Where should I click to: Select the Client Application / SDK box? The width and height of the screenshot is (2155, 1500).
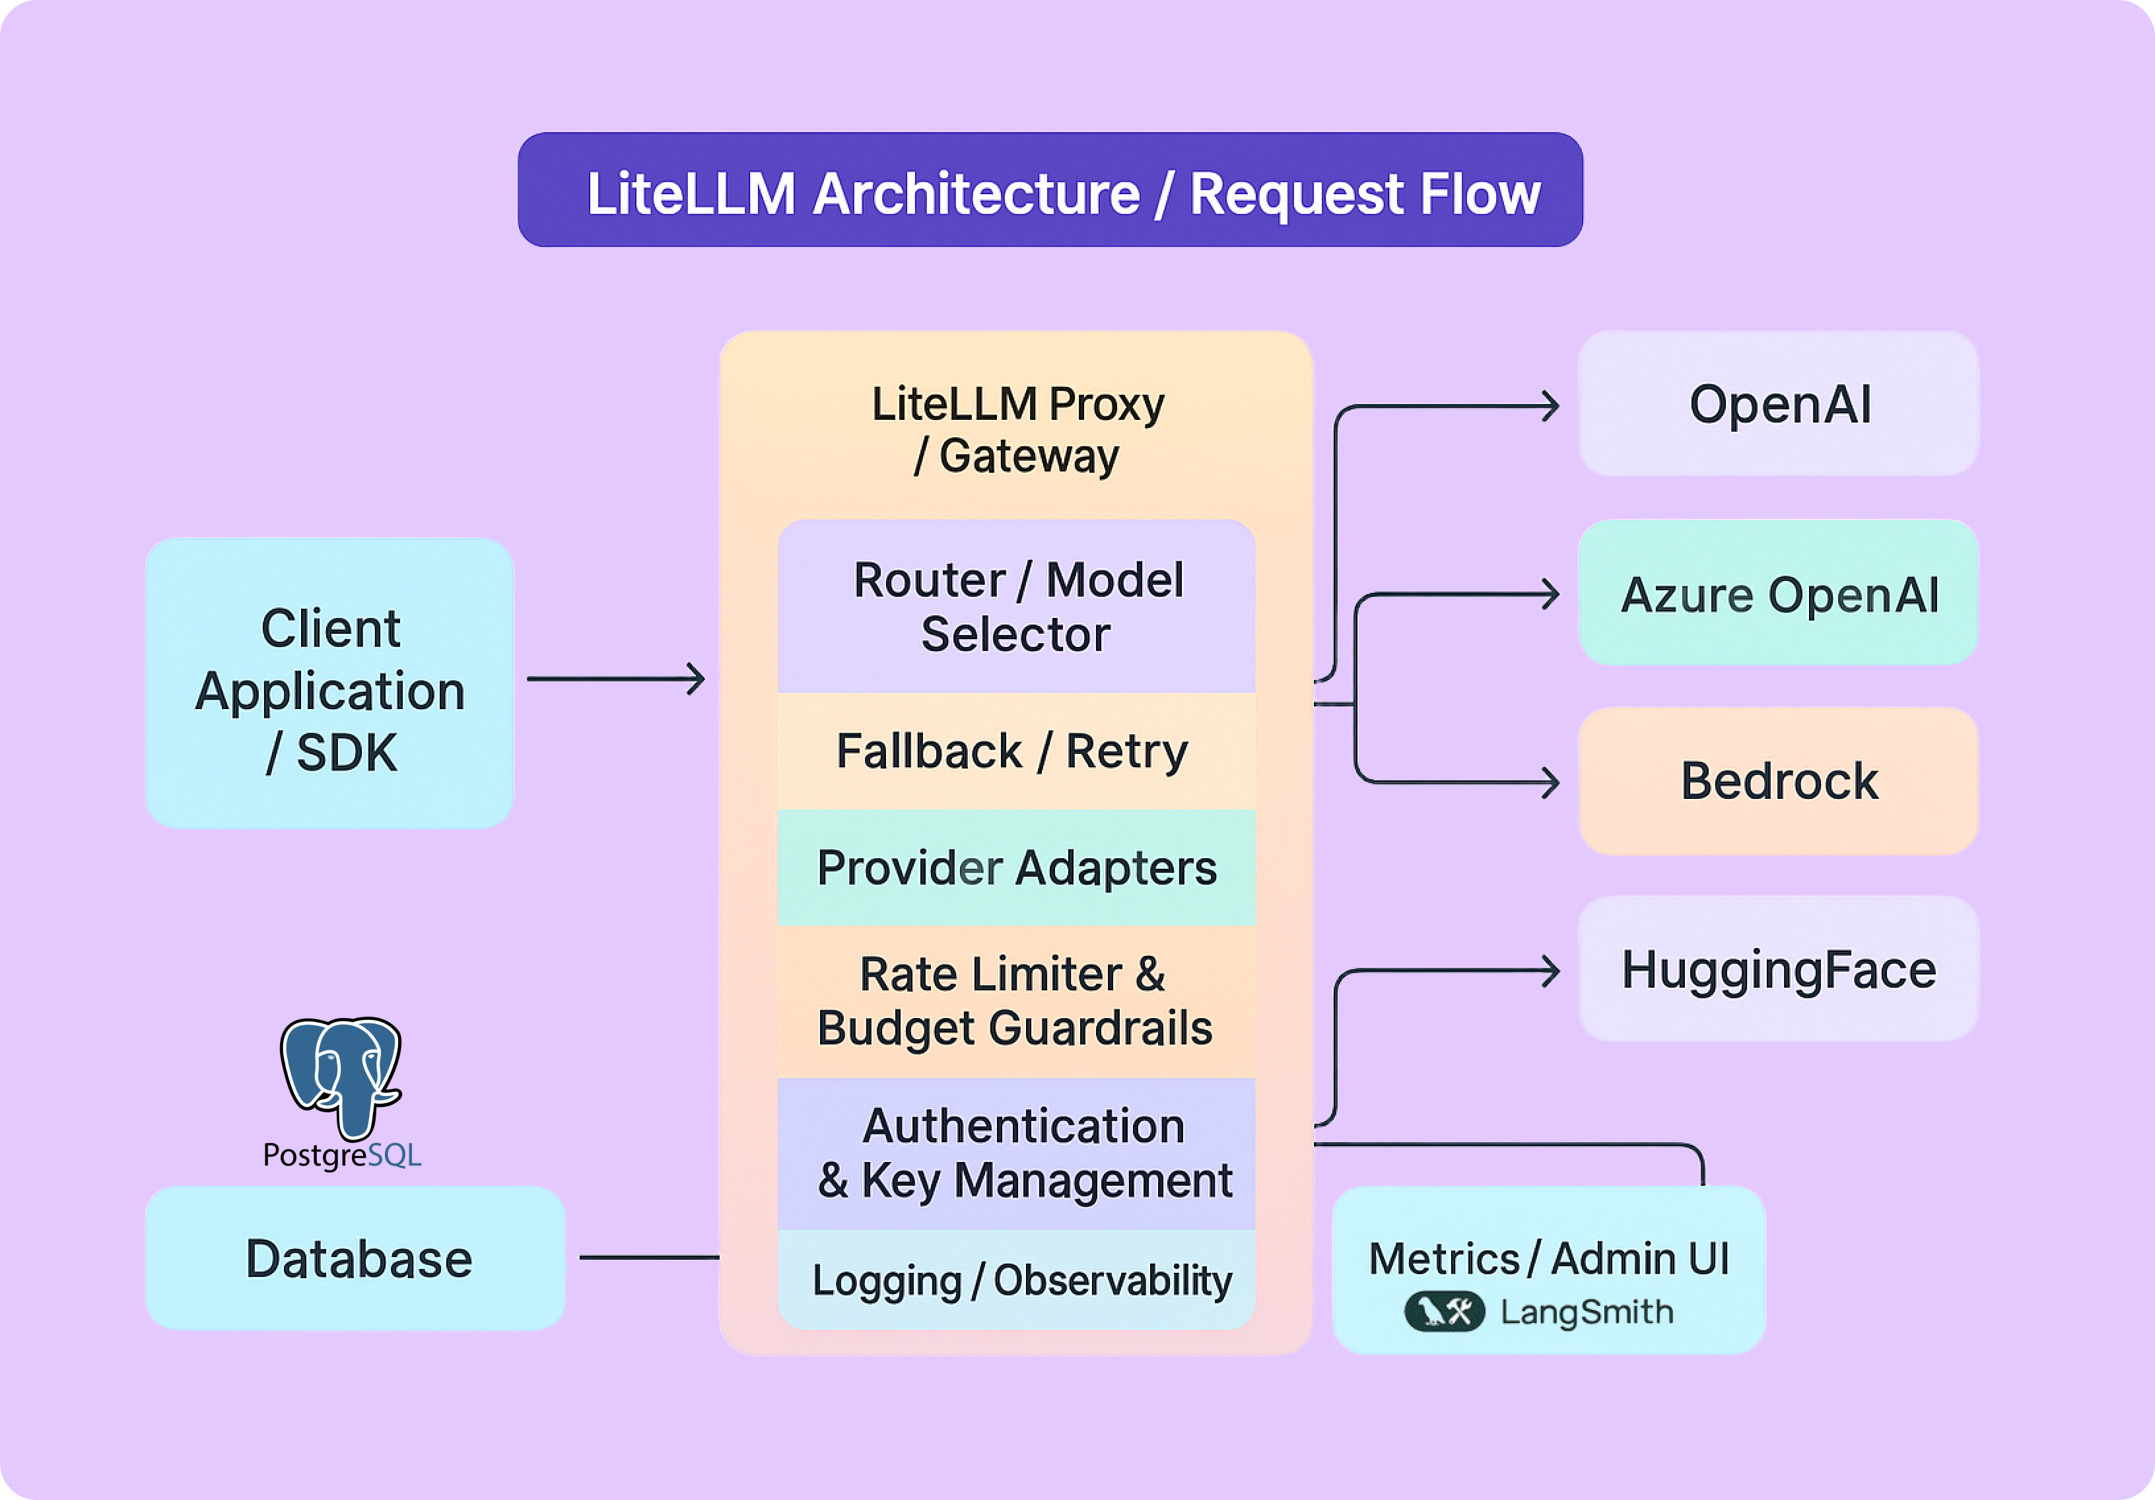(x=329, y=683)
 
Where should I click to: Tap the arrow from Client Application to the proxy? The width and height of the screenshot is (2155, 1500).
(x=615, y=679)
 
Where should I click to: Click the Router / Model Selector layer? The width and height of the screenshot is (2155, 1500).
(x=1017, y=606)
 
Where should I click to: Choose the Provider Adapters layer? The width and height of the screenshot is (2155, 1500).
(x=1017, y=868)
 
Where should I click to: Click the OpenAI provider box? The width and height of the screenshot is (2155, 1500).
(x=1778, y=405)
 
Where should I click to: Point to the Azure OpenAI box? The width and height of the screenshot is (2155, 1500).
(x=1778, y=594)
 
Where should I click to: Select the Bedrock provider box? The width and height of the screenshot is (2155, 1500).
(x=1778, y=781)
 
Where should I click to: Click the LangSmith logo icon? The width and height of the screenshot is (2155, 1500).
(x=1443, y=1311)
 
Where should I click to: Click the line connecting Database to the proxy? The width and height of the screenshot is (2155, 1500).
(x=648, y=1257)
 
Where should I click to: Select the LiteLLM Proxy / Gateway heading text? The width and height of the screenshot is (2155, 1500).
(x=1017, y=430)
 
